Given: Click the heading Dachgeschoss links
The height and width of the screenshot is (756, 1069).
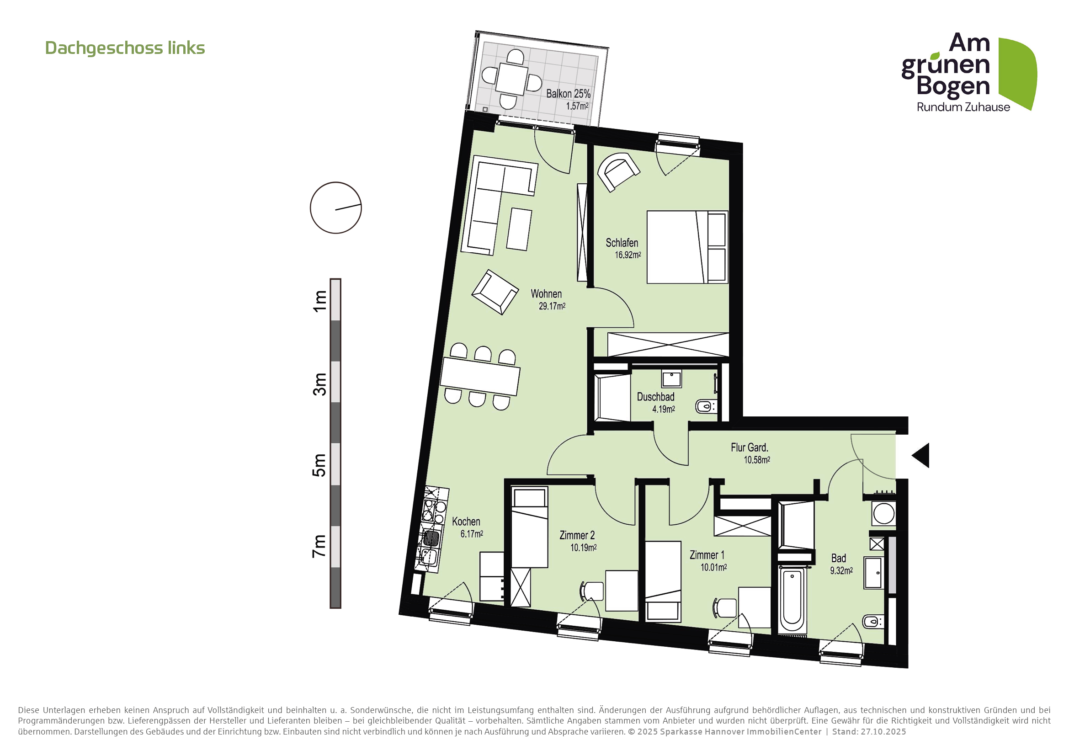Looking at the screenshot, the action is tap(125, 48).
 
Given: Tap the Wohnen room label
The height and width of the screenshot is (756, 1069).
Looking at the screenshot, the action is tap(546, 294).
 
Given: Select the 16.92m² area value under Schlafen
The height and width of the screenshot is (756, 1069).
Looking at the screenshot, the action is tap(628, 255).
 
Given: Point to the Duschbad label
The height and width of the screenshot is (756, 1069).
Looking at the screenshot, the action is tap(655, 397).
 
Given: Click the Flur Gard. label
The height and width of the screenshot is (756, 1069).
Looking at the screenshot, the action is tap(749, 447).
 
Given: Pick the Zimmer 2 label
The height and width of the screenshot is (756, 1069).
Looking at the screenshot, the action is tap(577, 535).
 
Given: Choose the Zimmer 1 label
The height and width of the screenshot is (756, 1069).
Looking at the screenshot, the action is tap(707, 555).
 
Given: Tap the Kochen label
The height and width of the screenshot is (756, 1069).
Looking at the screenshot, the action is tap(466, 522).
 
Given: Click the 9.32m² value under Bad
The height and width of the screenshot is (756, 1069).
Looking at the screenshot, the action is tap(841, 570).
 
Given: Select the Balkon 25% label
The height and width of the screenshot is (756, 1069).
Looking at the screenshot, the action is tap(568, 94).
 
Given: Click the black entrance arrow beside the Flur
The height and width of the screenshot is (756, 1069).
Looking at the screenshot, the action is tap(920, 455).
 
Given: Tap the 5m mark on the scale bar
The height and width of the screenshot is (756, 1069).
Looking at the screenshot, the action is tap(319, 464).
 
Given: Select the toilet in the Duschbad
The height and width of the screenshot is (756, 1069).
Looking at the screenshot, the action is tap(706, 406).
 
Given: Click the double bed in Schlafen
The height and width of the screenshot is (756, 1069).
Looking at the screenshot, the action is tap(687, 247).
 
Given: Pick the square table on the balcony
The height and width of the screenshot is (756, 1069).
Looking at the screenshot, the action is tap(512, 80).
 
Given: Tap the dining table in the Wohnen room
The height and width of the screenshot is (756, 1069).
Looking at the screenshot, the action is tap(480, 376).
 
